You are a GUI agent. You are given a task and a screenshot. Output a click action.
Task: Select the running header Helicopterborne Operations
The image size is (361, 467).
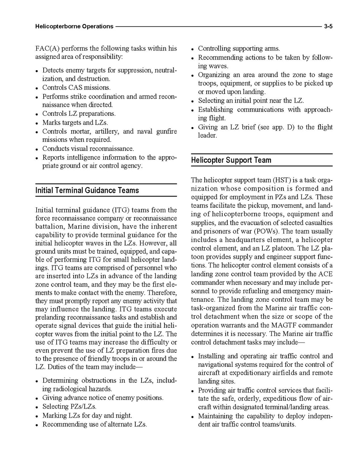pyautogui.click(x=74, y=27)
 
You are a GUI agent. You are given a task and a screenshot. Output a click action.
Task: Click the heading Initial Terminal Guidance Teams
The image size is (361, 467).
pyautogui.click(x=87, y=190)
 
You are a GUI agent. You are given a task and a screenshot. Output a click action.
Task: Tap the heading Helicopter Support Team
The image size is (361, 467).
pyautogui.click(x=231, y=160)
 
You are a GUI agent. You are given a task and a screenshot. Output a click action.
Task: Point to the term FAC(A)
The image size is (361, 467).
pyautogui.click(x=47, y=49)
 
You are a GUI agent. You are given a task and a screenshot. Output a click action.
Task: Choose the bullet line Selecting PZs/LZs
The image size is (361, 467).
pyautogui.click(x=69, y=407)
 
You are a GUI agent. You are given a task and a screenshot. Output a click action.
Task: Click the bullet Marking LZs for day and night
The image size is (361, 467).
pyautogui.click(x=87, y=416)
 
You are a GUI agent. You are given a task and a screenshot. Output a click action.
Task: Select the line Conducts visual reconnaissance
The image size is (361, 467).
pyautogui.click(x=88, y=149)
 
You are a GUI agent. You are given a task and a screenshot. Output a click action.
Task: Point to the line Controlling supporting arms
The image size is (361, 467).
pyautogui.click(x=239, y=49)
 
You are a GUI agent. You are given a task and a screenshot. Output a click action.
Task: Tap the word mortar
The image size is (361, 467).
pyautogui.click(x=80, y=131)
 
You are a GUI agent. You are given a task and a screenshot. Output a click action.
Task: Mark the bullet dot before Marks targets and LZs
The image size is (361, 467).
pyautogui.click(x=37, y=123)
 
